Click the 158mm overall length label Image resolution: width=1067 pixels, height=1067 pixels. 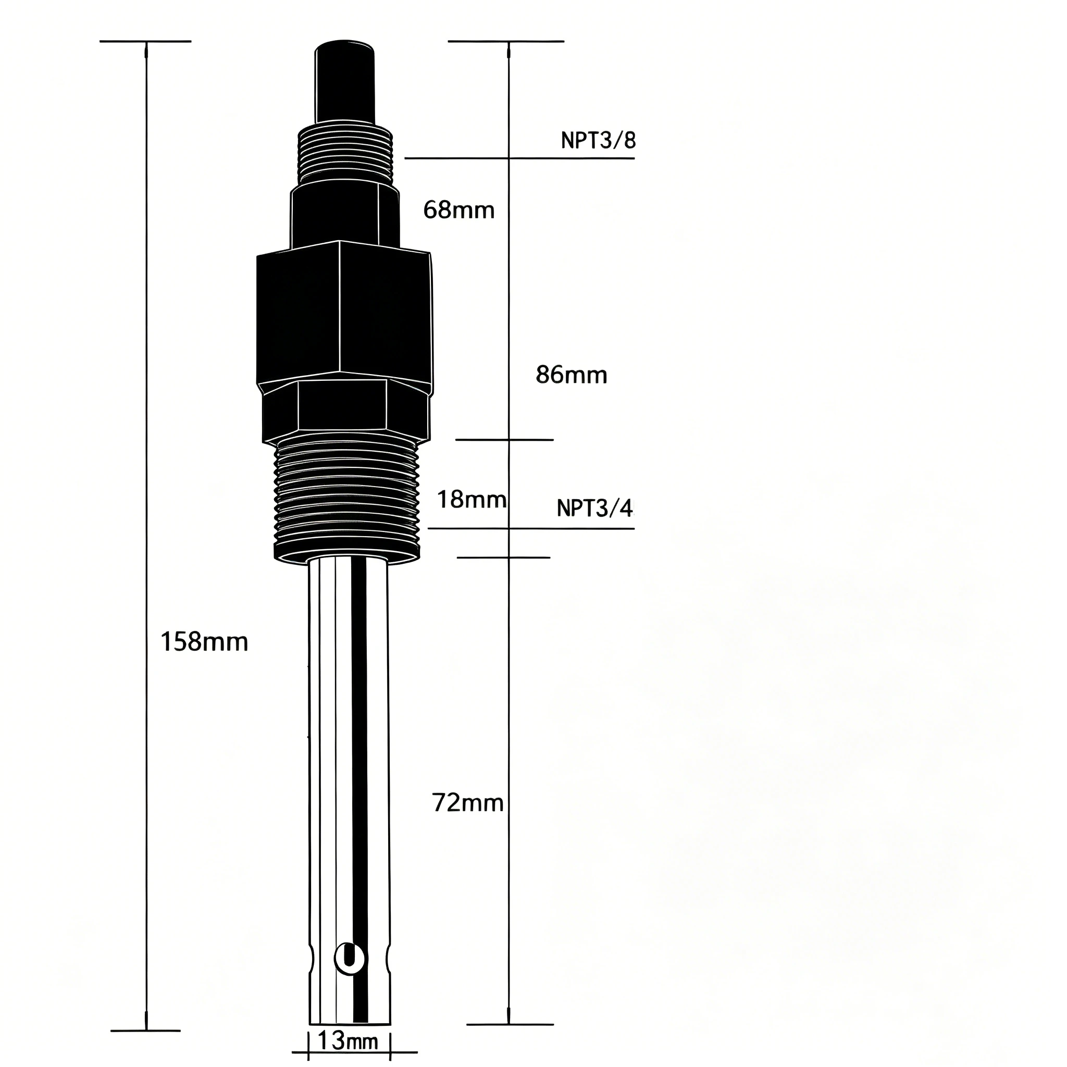coord(204,642)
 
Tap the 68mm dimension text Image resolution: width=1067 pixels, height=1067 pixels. coord(459,210)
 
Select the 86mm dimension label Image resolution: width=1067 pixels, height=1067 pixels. coord(572,376)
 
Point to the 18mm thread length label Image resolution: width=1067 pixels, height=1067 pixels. coord(472,500)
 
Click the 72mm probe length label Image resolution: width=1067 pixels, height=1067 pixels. coord(468,803)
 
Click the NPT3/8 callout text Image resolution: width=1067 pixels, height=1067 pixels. coord(598,141)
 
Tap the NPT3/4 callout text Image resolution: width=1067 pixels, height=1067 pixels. coord(595,508)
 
